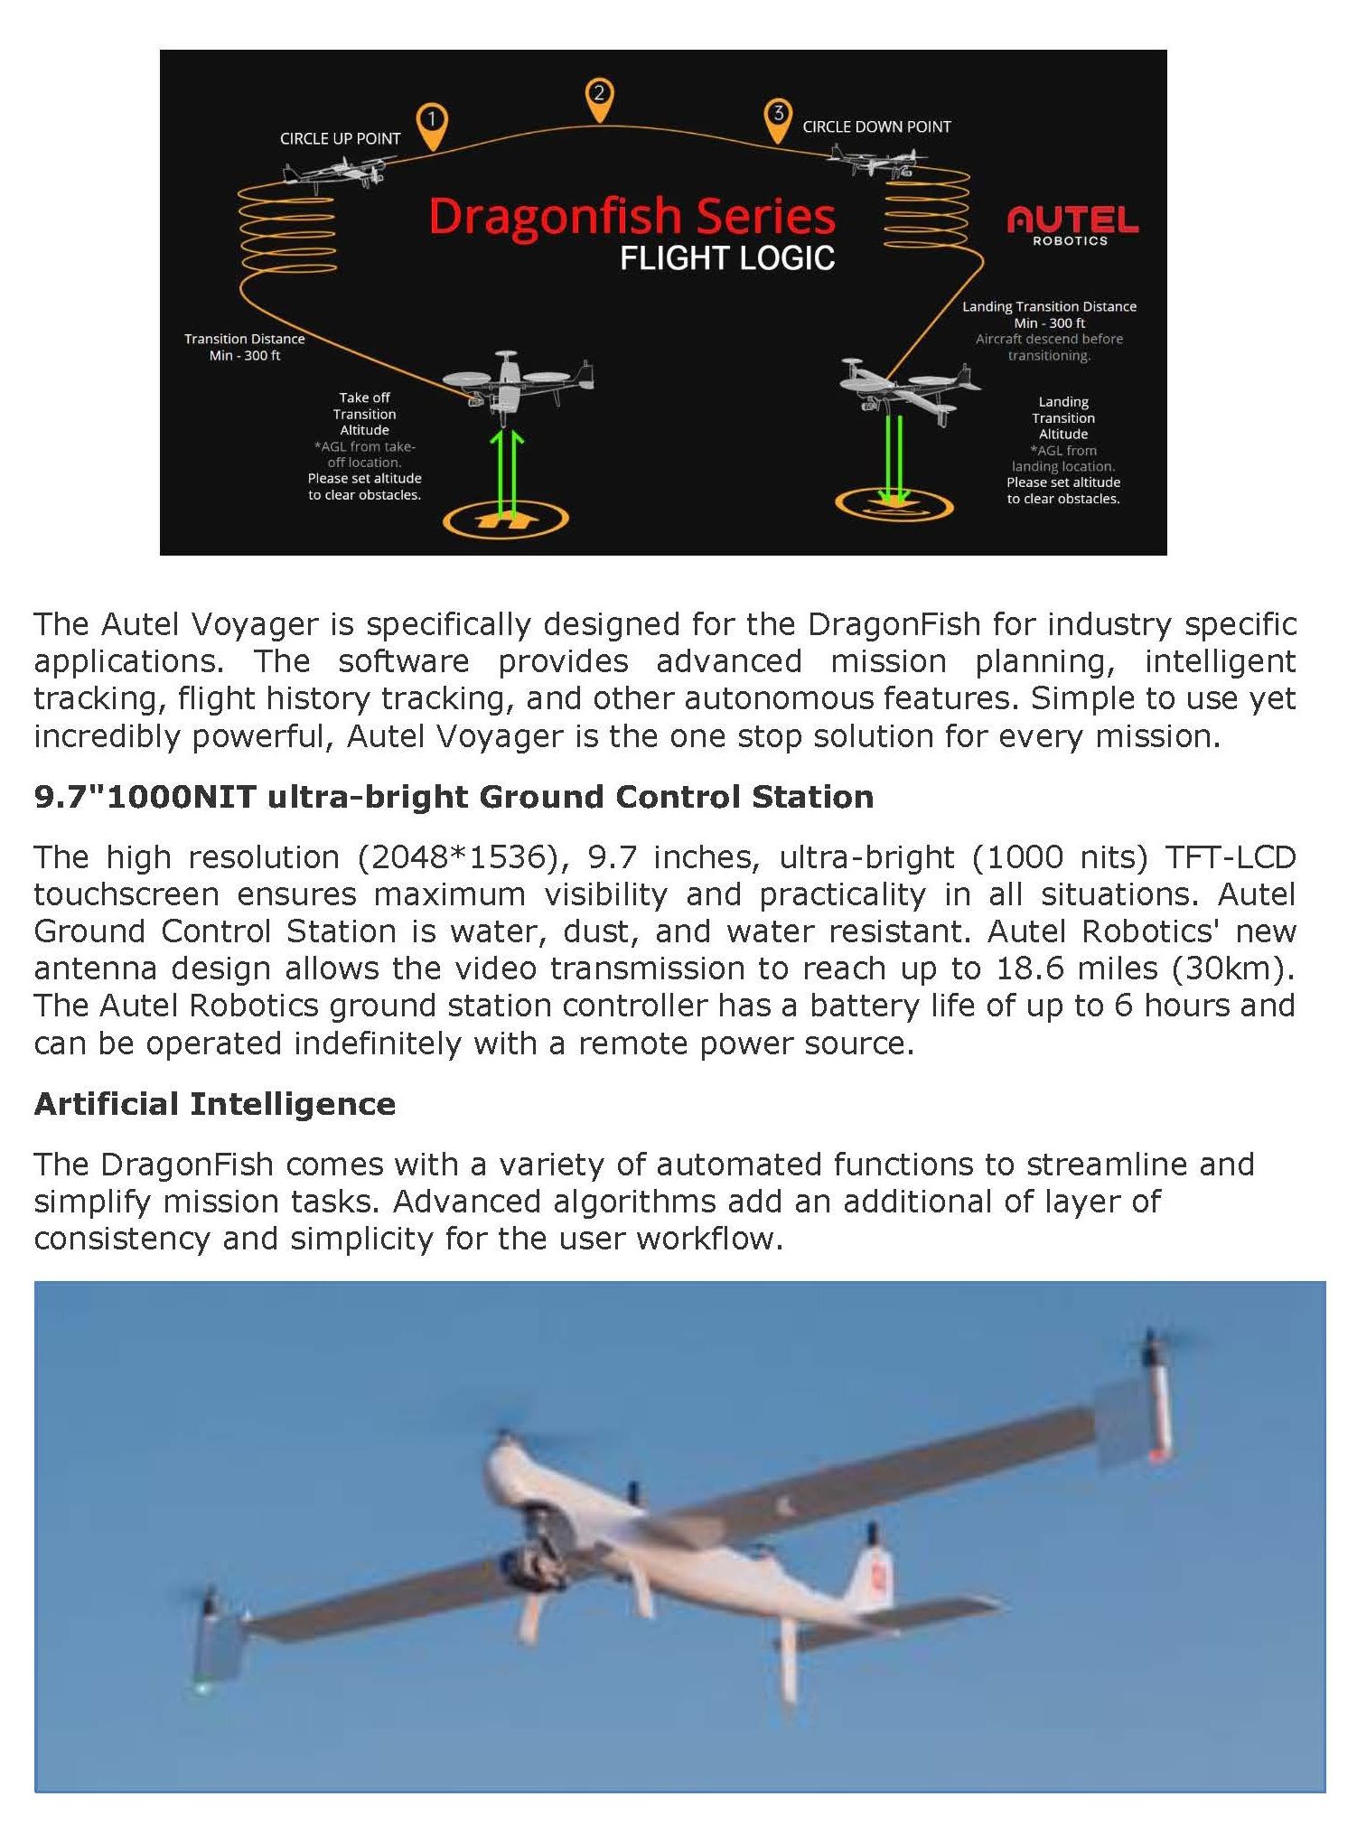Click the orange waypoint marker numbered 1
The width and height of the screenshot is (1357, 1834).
point(432,124)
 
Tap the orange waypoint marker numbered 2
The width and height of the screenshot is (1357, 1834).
point(599,98)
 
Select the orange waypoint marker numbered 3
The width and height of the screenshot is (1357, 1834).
point(777,118)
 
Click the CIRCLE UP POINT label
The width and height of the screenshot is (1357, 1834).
point(340,139)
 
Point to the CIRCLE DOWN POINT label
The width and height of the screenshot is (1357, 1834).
point(876,127)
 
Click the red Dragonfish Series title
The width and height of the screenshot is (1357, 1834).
point(632,217)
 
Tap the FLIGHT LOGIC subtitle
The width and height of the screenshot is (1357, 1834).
point(726,259)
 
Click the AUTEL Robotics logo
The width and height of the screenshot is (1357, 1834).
point(1072,225)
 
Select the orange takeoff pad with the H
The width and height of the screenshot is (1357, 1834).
point(506,519)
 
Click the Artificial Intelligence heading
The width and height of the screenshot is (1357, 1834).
point(215,1104)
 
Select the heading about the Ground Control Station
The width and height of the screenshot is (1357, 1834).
point(454,797)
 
